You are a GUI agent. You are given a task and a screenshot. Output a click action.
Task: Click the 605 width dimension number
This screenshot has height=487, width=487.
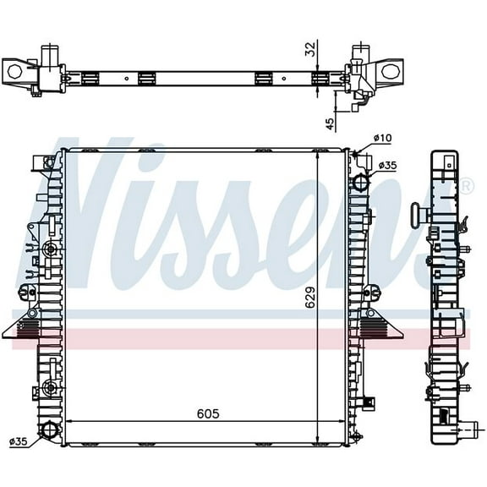point(210,413)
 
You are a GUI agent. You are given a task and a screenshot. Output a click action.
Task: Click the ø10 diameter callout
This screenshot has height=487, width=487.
point(383,138)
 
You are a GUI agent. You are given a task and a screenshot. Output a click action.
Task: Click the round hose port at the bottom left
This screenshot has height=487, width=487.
point(51,431)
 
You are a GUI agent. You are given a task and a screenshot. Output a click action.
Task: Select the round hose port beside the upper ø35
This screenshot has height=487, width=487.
point(361,181)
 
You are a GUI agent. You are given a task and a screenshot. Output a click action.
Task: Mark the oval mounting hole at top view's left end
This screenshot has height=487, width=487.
point(15,72)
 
